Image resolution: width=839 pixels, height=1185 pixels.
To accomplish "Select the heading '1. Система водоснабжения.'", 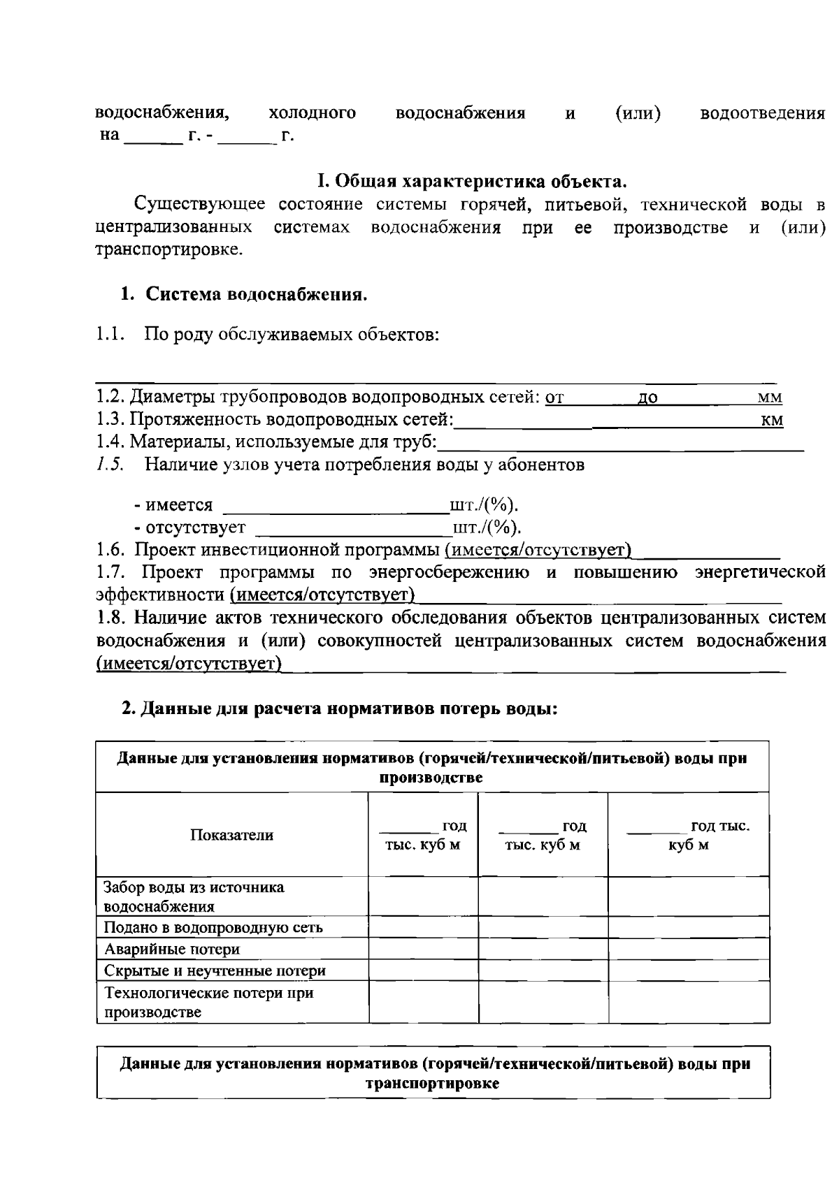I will point(243,294).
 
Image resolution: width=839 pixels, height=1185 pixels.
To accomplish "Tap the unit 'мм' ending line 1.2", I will point(770,398).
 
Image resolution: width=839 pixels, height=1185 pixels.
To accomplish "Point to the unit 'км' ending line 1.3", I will point(772,421).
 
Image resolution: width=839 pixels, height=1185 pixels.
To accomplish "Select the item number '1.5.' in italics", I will point(110,464).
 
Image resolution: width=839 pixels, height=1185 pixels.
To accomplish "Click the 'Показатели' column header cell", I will point(232,835).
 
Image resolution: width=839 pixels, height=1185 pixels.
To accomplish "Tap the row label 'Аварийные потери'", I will point(172,949).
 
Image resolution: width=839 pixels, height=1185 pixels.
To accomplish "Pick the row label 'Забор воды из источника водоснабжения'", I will point(194,896).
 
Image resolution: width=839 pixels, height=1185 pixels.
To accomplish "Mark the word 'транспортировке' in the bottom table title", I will point(432,1084).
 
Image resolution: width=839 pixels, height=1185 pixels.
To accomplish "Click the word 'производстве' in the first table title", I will point(431,778).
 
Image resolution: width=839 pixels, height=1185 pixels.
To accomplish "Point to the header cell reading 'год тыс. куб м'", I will point(689,835).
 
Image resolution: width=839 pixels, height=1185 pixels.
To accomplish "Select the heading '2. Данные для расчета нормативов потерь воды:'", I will point(340,708).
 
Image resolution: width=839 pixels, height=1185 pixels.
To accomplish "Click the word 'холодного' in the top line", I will point(312,113).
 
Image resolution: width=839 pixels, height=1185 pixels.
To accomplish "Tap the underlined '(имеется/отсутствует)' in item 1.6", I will point(538,550).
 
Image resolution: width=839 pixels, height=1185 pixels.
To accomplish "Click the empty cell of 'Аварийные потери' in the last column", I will point(688,949).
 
